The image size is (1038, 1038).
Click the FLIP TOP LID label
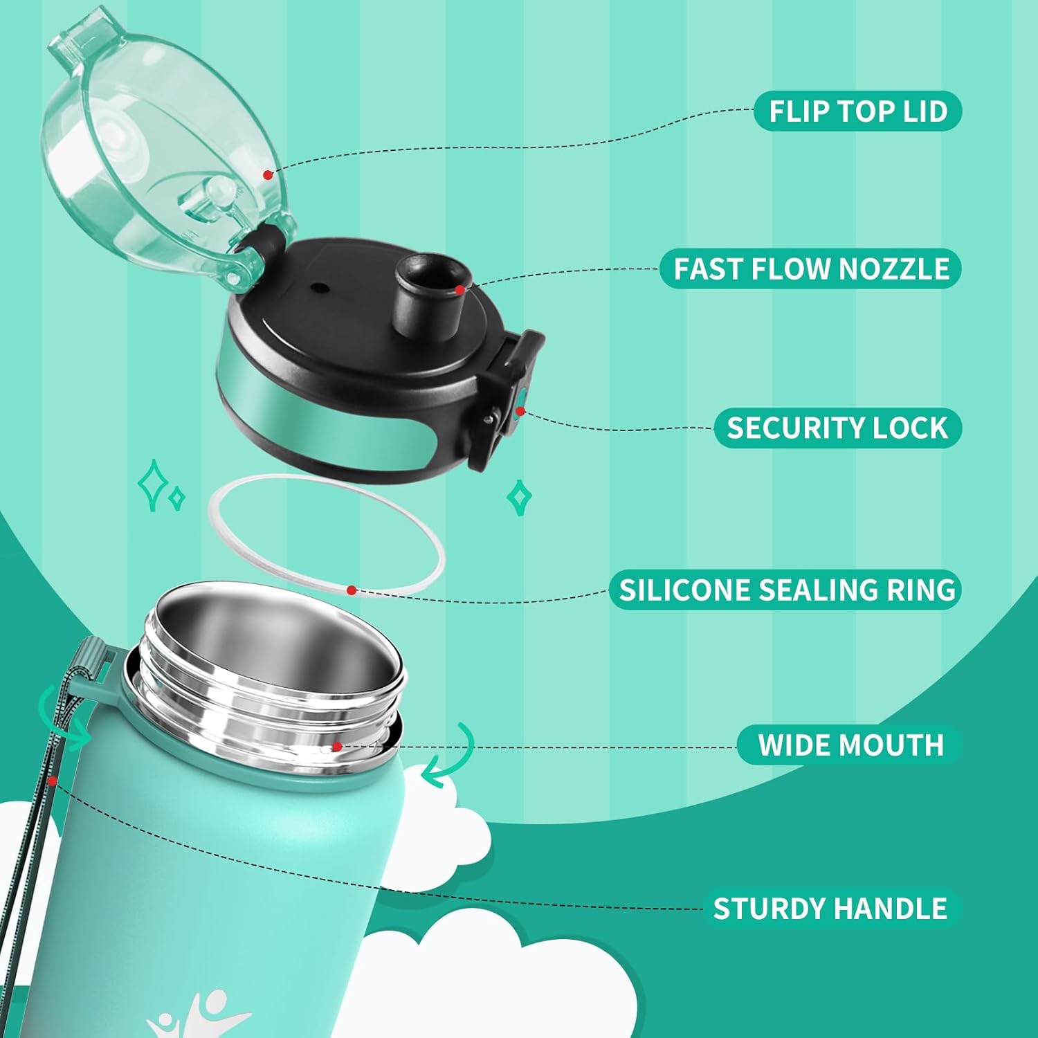pos(857,111)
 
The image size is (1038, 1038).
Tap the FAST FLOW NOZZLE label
pos(810,268)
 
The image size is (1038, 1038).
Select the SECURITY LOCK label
pos(837,428)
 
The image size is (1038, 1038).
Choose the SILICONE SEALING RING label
pos(786,590)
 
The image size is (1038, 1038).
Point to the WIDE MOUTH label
pos(850,745)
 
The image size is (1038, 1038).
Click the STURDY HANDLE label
pos(830,908)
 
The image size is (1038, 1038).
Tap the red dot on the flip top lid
pos(268,175)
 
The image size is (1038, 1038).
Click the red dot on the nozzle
pos(459,291)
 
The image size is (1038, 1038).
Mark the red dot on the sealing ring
pos(352,590)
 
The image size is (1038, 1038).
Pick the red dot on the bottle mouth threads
pos(336,747)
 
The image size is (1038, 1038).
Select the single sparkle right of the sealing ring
pos(520,497)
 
